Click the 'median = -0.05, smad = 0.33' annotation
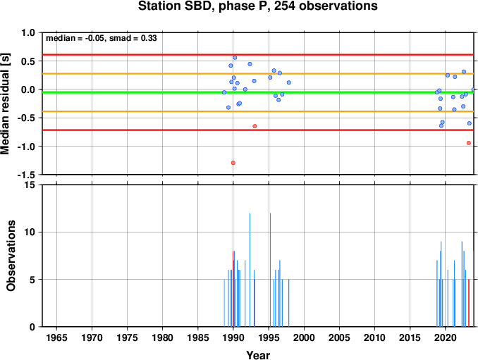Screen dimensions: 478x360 pyautogui.click(x=102, y=38)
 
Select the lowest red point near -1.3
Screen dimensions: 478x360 pyautogui.click(x=233, y=163)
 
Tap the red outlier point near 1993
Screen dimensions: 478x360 pyautogui.click(x=255, y=126)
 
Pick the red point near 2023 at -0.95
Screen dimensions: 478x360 pyautogui.click(x=469, y=143)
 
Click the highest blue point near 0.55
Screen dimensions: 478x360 pyautogui.click(x=235, y=58)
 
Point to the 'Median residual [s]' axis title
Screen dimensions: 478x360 pyautogui.click(x=5, y=104)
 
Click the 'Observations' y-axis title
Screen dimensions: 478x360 pyautogui.click(x=11, y=256)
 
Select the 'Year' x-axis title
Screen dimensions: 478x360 pyautogui.click(x=258, y=355)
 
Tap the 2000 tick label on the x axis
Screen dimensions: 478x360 pyautogui.click(x=304, y=337)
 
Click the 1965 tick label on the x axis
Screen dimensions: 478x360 pyautogui.click(x=56, y=337)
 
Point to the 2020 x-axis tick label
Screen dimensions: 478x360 pyautogui.click(x=446, y=337)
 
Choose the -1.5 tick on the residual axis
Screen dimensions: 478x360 pyautogui.click(x=26, y=175)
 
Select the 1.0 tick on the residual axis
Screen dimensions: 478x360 pyautogui.click(x=28, y=32)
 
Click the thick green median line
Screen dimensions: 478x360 pyautogui.click(x=258, y=92)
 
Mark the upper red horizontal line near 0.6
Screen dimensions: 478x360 pyautogui.click(x=258, y=55)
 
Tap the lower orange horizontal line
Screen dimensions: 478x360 pyautogui.click(x=258, y=111)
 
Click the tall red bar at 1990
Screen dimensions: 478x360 pyautogui.click(x=233, y=289)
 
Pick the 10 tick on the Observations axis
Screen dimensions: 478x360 pyautogui.click(x=30, y=232)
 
